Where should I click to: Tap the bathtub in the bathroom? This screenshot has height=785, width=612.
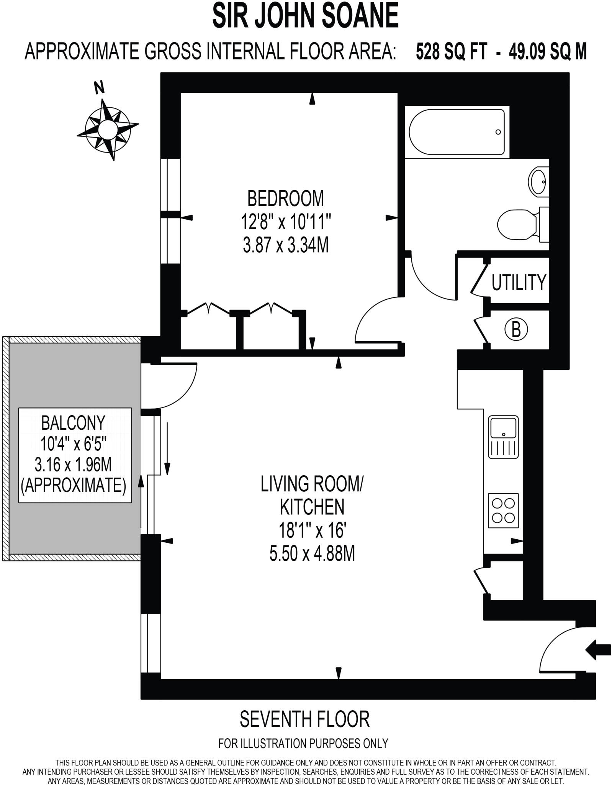click(457, 132)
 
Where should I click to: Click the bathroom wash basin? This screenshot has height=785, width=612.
click(538, 182)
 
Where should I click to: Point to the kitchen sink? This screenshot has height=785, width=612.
click(503, 437)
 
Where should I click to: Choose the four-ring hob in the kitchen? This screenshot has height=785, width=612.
click(503, 510)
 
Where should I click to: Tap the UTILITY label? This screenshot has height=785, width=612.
click(519, 282)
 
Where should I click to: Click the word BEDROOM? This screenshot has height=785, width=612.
click(285, 199)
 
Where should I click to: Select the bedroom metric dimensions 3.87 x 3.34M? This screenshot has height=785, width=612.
click(286, 245)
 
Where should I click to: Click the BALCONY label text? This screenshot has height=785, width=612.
click(73, 423)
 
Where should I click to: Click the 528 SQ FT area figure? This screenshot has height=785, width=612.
click(452, 51)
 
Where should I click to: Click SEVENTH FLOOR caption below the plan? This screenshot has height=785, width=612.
click(304, 719)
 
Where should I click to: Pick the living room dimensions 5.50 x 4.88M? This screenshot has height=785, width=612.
click(312, 553)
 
